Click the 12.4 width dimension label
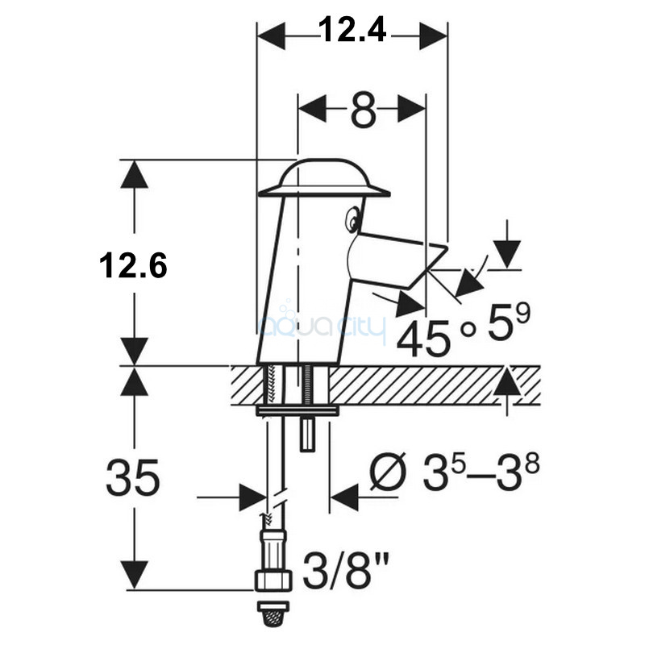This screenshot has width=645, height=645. point(352,31)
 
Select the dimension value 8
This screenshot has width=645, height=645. point(364,111)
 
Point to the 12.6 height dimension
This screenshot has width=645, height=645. point(133,265)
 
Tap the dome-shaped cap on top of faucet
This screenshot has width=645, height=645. point(323,177)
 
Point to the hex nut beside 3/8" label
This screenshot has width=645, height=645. point(273,580)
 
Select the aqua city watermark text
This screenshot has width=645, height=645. point(323,327)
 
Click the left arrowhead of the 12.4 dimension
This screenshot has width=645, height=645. point(271,36)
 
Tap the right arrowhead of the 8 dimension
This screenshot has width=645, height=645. point(411,109)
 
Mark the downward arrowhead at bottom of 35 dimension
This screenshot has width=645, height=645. point(135,575)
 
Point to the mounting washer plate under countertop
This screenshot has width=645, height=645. point(298,411)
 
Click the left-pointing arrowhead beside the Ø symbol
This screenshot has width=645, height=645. point(345,497)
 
